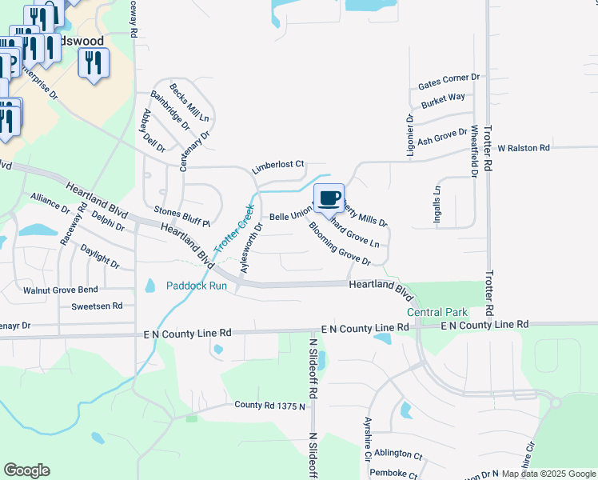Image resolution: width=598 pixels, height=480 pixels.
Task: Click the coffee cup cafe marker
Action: click(329, 198)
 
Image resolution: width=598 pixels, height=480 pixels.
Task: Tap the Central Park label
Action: click(437, 312)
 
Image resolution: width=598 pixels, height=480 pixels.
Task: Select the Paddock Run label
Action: click(192, 286)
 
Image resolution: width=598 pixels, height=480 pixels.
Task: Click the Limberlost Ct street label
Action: click(278, 166)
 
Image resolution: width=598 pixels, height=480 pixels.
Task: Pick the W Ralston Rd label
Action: click(524, 148)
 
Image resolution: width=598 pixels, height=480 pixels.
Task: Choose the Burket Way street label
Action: click(444, 98)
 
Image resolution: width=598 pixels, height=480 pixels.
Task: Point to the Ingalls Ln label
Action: click(437, 207)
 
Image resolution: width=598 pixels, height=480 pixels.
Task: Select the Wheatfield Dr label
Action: click(474, 150)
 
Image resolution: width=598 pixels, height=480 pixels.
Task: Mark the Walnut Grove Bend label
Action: click(60, 290)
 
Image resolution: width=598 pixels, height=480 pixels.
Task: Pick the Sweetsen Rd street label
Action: click(97, 306)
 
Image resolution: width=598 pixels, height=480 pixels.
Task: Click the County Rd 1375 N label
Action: click(270, 406)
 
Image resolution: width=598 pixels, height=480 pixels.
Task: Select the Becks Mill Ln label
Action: click(188, 102)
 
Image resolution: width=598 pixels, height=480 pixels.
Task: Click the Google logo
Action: click(27, 470)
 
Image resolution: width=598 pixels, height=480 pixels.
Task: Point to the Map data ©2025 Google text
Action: click(548, 474)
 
